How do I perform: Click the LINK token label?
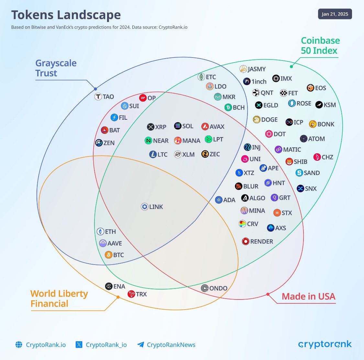[156, 207]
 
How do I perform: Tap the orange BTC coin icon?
[109, 255]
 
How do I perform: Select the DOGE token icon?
[257, 120]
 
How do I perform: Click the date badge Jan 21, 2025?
[335, 14]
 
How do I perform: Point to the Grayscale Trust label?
[56, 68]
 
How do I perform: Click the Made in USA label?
[308, 296]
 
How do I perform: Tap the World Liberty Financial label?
[59, 299]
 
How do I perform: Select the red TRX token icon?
[131, 294]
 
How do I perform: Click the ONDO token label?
[218, 288]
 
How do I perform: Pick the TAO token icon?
[98, 96]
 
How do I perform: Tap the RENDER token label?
[261, 241]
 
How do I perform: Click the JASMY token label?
[257, 69]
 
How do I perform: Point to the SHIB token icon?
[289, 161]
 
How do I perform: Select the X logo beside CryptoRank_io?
[79, 344]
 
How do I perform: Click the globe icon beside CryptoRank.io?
[19, 344]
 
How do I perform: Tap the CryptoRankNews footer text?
[171, 345]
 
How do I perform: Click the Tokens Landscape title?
[66, 15]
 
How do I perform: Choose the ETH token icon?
[100, 232]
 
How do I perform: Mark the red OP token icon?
[143, 98]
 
